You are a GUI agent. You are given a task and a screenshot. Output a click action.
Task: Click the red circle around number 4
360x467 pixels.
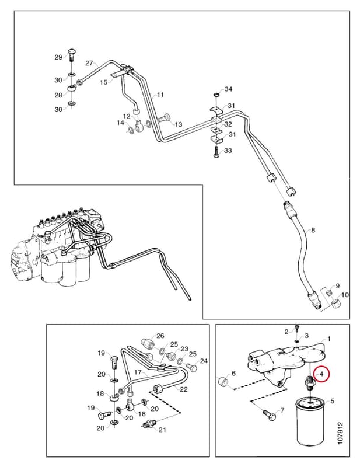click(x=321, y=374)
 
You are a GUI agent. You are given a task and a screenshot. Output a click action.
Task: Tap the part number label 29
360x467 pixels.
click(x=58, y=57)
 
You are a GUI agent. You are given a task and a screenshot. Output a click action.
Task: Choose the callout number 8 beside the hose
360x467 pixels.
click(x=313, y=230)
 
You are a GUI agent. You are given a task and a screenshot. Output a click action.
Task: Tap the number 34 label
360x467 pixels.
click(x=228, y=89)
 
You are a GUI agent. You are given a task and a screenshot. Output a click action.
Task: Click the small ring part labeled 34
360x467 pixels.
click(x=216, y=95)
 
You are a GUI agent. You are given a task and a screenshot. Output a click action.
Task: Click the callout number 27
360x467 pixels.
click(x=89, y=63)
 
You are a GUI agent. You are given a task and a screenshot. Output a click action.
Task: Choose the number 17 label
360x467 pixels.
click(x=138, y=372)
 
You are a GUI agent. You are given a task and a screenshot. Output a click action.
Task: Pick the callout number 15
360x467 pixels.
click(x=104, y=82)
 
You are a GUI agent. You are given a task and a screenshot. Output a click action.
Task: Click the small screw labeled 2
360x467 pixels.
click(x=296, y=328)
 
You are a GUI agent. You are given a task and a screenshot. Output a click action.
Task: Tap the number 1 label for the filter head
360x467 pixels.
click(x=328, y=339)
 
